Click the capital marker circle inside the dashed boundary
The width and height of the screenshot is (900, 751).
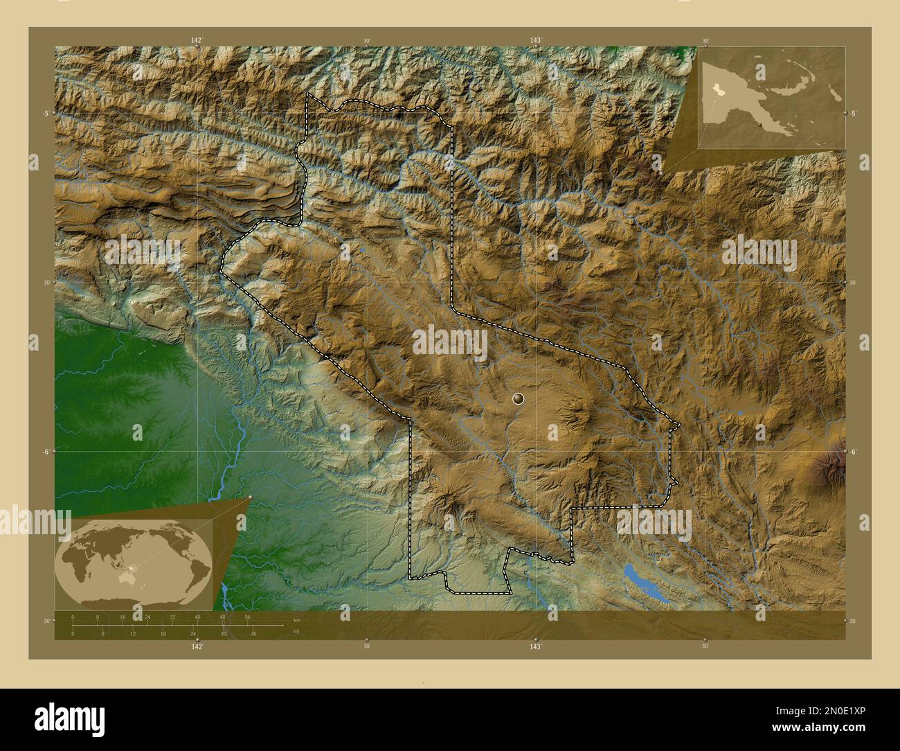pos(518,398)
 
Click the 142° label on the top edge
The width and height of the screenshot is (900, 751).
pos(197,41)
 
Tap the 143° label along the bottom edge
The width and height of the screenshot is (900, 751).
pos(535,646)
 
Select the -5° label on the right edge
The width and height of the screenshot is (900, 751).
pos(854,114)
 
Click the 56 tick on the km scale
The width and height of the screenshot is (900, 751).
pos(247,617)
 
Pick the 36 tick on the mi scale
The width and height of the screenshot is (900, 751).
pos(253,633)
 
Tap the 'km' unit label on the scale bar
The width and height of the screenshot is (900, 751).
pos(297,619)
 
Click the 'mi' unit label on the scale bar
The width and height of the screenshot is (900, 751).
pos(296,631)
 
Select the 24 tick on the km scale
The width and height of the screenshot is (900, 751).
pos(147,617)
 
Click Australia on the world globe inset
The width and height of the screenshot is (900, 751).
pos(128,577)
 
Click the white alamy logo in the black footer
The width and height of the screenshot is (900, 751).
pos(69,719)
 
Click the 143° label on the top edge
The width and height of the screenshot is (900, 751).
pos(535,41)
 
